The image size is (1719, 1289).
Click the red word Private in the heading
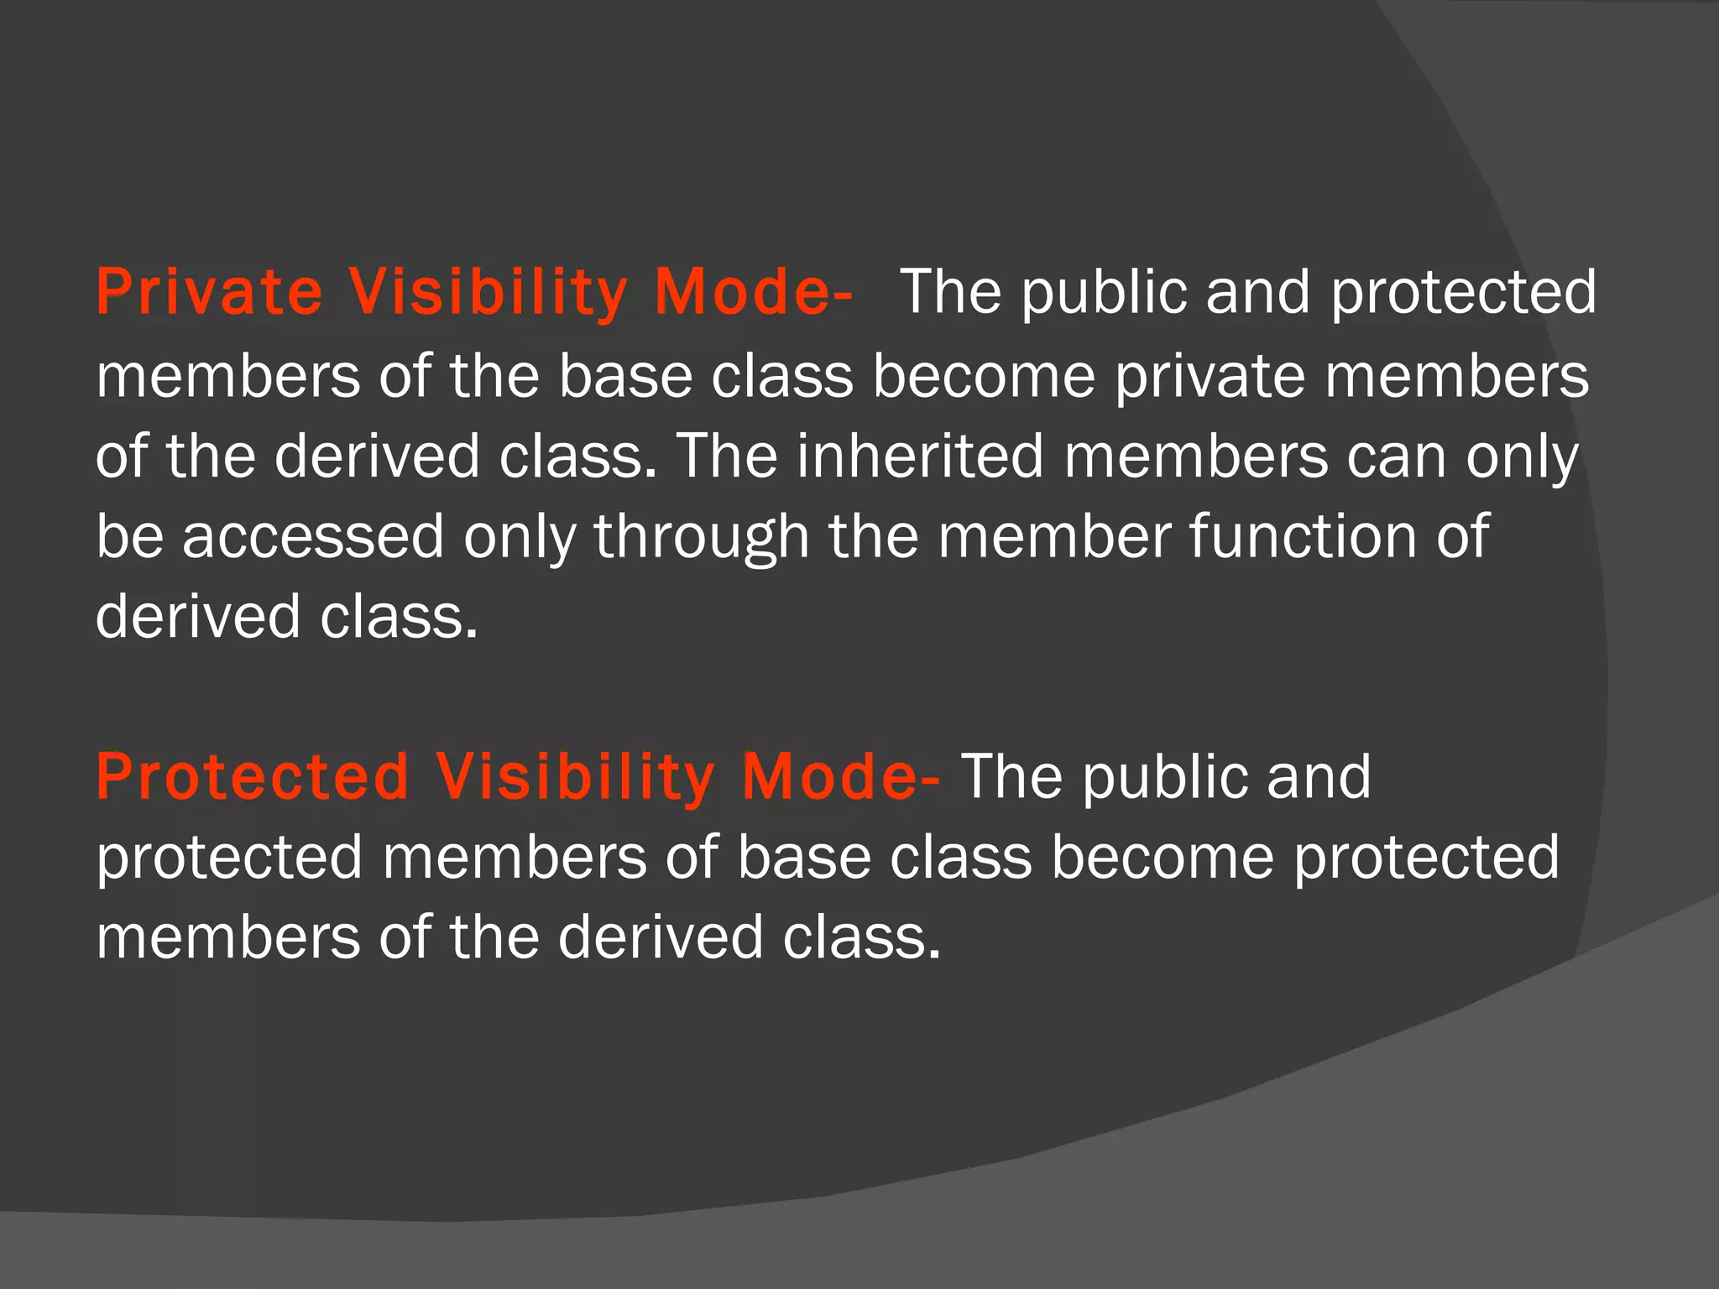click(209, 292)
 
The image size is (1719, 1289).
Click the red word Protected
click(253, 776)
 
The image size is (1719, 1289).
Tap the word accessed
click(313, 536)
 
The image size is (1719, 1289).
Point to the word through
click(702, 538)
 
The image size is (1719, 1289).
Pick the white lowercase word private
click(1210, 377)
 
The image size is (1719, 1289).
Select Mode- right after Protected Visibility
click(840, 776)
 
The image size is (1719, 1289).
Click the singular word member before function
click(1054, 536)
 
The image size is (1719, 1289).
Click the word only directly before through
click(520, 538)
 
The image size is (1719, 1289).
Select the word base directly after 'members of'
click(625, 377)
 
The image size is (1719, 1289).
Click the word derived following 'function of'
click(198, 617)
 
